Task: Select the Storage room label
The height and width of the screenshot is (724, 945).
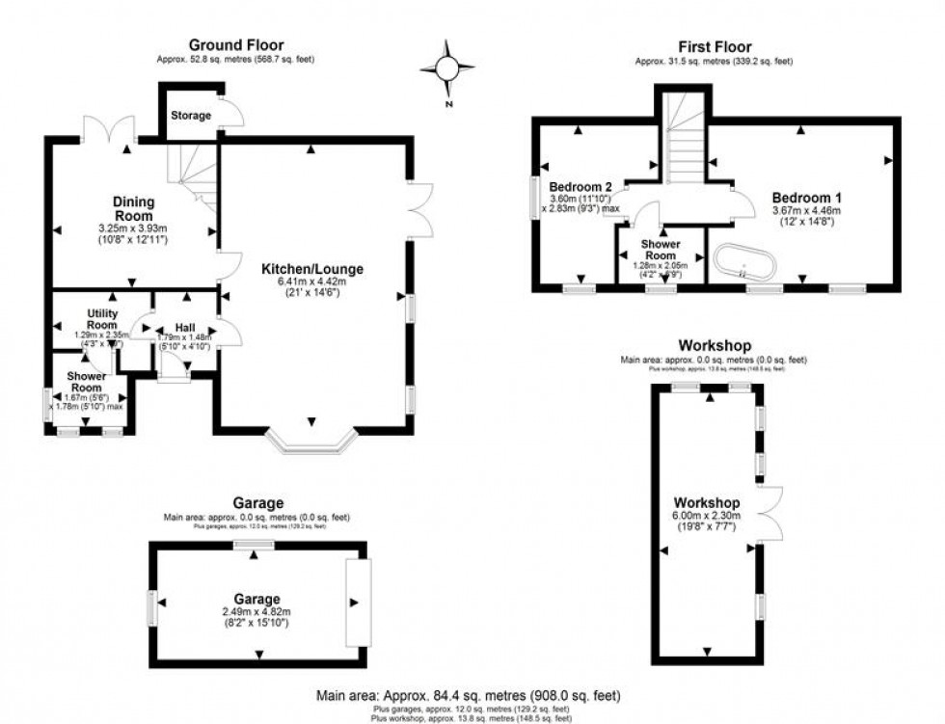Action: click(190, 116)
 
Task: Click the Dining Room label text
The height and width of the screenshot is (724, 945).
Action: click(132, 208)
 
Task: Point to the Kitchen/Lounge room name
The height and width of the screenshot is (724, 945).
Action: click(311, 269)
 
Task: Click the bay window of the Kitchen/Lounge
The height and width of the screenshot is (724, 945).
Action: click(310, 442)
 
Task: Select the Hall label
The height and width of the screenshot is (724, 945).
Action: click(185, 328)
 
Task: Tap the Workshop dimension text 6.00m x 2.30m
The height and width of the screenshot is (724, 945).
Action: click(706, 516)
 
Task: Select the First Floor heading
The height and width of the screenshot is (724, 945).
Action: click(714, 47)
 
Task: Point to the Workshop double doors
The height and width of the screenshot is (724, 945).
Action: click(769, 512)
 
